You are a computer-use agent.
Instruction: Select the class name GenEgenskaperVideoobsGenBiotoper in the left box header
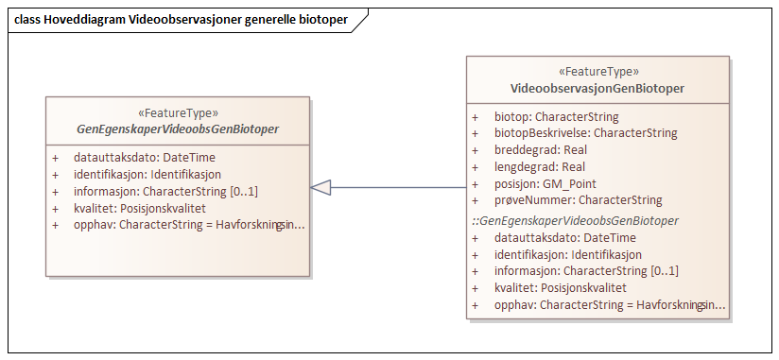tap(178, 129)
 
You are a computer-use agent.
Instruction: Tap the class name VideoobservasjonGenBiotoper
tap(597, 88)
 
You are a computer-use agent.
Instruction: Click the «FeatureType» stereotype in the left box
tap(178, 112)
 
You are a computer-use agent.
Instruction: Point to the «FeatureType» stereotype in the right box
tap(597, 72)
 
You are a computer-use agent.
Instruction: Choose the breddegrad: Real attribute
tap(540, 150)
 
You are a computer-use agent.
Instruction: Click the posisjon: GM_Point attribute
tap(545, 183)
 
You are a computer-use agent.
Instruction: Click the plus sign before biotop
tap(476, 117)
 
